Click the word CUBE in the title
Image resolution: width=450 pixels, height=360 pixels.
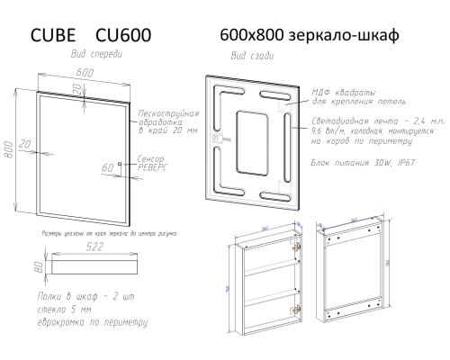[55, 35]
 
